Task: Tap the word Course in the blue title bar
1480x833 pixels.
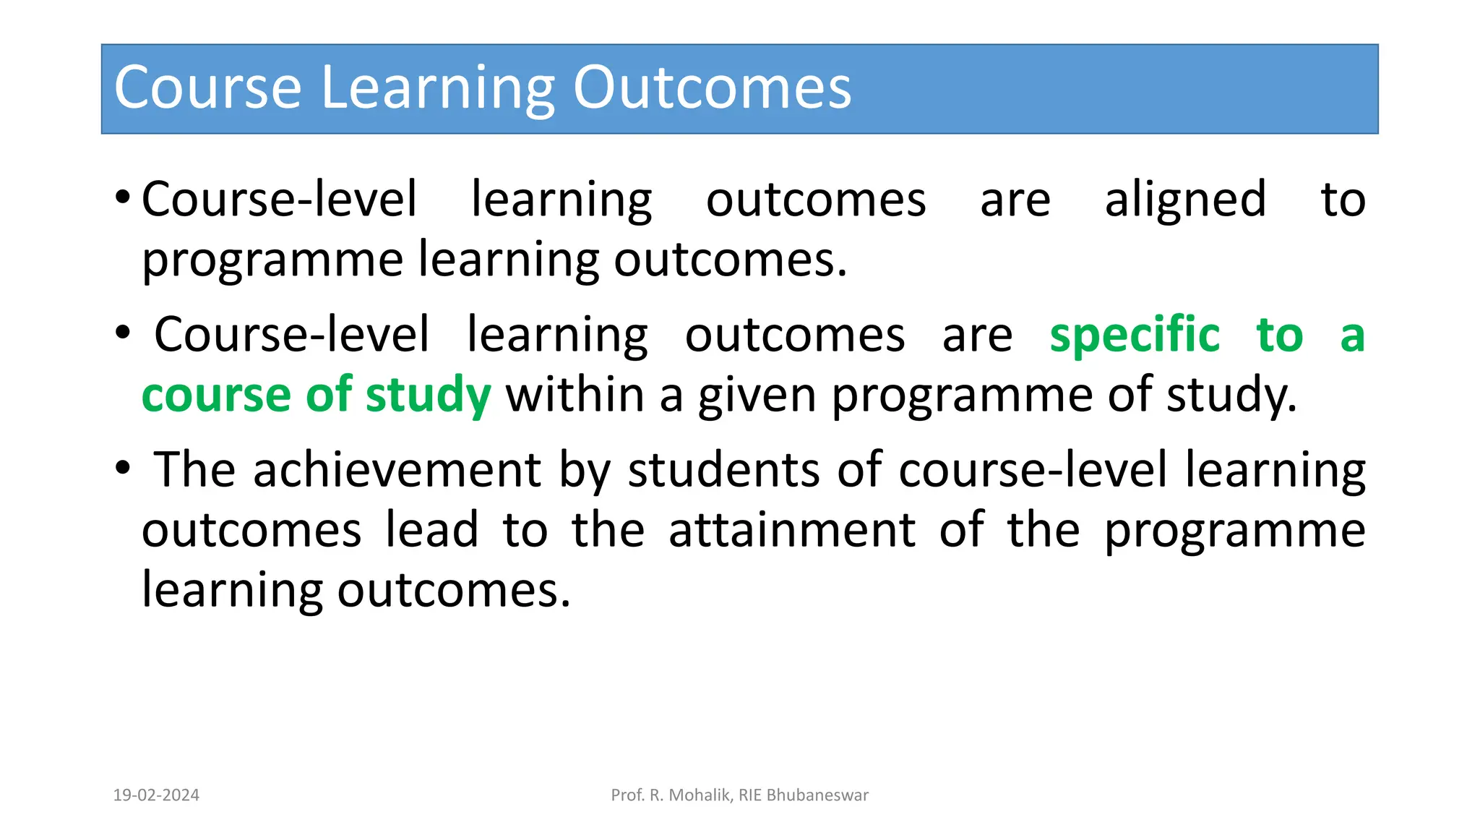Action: [x=207, y=88]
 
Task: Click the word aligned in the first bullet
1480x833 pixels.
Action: [x=1185, y=200]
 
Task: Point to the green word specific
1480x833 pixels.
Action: [x=1135, y=336]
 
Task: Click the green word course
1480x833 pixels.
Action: [x=216, y=396]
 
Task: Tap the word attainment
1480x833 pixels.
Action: [x=792, y=530]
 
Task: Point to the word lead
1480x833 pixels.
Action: [x=431, y=530]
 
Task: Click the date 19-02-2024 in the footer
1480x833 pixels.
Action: [x=156, y=795]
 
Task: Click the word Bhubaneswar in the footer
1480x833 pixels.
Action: [x=817, y=795]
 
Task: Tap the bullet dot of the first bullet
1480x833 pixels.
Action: [x=123, y=197]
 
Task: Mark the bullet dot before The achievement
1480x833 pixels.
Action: [x=123, y=468]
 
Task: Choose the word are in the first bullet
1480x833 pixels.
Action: [x=1015, y=200]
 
